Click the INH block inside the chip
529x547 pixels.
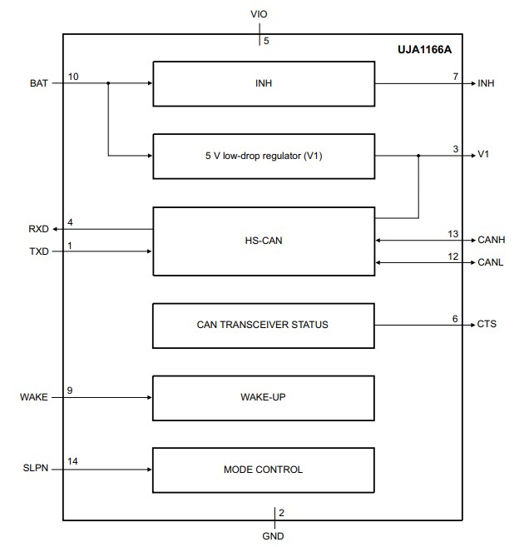tap(263, 83)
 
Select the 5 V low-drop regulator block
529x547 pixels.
tap(263, 155)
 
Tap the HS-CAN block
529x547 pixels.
tap(263, 240)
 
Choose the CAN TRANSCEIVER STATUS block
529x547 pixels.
tap(263, 324)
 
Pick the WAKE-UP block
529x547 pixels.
tap(263, 398)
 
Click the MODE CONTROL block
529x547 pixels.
tap(263, 470)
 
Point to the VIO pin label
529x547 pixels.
tap(260, 15)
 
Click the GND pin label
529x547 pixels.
tap(272, 536)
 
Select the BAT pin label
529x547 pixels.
tap(38, 83)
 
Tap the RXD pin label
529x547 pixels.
tap(38, 229)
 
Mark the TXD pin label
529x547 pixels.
tap(38, 251)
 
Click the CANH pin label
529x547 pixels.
tap(491, 241)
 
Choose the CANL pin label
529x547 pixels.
tap(491, 262)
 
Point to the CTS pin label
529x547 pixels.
tap(487, 324)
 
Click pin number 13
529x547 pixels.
tap(453, 234)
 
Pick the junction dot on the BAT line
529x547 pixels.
tap(108, 83)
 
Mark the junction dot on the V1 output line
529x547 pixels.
tap(418, 156)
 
